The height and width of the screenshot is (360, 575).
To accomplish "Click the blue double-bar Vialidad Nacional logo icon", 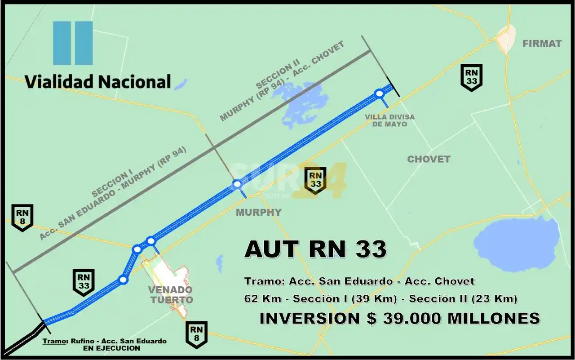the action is [73, 43].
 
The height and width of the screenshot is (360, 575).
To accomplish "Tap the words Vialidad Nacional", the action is [98, 81].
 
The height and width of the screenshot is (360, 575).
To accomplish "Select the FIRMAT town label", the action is [542, 44].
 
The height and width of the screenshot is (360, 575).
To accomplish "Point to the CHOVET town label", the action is [429, 159].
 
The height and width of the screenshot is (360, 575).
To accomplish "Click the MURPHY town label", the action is [259, 212].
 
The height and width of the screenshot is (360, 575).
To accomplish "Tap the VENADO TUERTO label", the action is [171, 295].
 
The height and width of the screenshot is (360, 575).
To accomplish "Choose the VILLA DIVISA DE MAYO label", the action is [390, 120].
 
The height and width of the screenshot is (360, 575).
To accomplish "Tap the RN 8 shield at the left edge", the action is [22, 217].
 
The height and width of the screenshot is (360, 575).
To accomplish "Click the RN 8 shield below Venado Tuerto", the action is [196, 334].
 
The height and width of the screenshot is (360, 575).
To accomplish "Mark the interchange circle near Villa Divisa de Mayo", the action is [379, 93].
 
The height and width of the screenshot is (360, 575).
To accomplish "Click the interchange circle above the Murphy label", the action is [237, 183].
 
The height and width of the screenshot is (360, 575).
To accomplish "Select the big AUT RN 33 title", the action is [315, 249].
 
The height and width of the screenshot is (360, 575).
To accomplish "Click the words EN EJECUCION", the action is [111, 348].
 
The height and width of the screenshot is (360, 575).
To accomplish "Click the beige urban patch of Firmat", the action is [506, 38].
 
